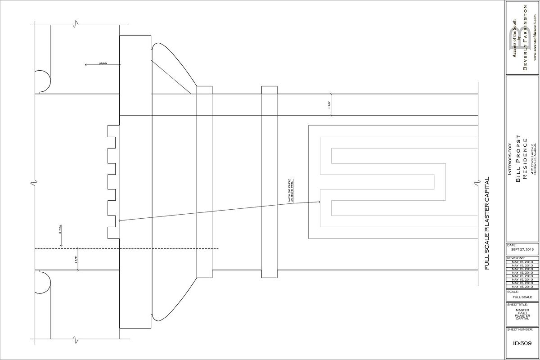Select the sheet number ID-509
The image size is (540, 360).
(x=522, y=343)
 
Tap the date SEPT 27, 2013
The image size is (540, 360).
(x=522, y=249)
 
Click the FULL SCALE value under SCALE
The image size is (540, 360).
(x=522, y=297)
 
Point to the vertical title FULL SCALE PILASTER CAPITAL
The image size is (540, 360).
(x=486, y=223)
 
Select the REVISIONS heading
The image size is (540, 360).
(x=516, y=258)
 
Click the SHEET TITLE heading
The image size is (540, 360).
(x=517, y=305)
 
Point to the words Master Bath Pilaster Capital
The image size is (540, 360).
(x=522, y=314)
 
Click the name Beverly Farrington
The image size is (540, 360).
(x=525, y=38)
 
